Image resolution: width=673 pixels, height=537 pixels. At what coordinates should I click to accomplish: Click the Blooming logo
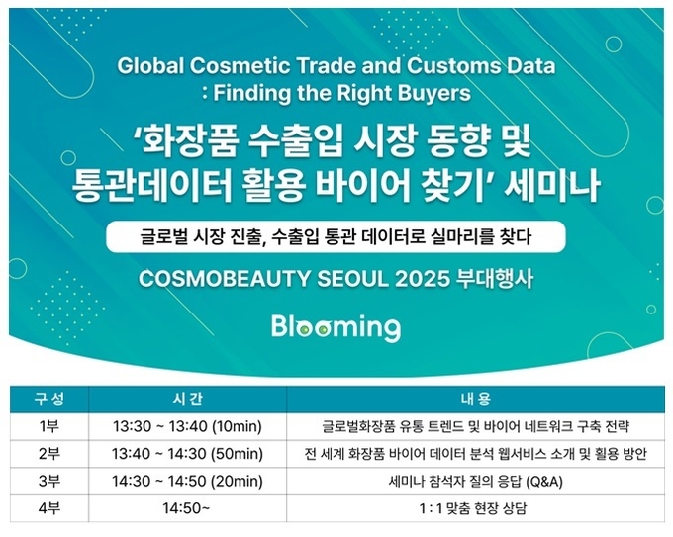point(336,328)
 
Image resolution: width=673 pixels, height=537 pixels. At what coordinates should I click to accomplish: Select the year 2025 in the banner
point(422,279)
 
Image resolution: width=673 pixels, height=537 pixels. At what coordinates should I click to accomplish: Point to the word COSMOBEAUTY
point(225,279)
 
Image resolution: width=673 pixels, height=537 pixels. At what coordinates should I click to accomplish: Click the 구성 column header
point(49,400)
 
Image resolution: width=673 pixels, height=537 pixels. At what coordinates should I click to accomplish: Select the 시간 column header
point(188,400)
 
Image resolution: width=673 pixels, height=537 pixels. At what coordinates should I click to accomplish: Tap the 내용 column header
point(476,400)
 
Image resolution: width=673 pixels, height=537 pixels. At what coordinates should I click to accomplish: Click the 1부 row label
point(49,426)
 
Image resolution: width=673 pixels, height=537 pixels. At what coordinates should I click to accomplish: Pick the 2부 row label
point(49,454)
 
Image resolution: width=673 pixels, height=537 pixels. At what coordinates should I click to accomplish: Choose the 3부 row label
point(49,481)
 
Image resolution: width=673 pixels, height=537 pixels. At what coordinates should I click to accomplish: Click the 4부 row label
point(49,508)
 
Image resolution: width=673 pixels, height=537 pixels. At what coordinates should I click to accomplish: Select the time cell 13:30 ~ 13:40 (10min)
point(188,427)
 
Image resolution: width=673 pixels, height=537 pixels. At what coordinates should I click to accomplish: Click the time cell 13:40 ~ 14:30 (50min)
point(188,454)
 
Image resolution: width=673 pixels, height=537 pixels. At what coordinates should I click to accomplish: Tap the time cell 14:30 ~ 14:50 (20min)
point(188,482)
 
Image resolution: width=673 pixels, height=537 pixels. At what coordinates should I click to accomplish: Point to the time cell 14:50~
point(186,508)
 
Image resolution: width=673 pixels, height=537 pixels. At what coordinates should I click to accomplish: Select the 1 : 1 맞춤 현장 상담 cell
point(472,508)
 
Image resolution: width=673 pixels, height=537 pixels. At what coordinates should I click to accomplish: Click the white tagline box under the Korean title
point(336,236)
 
